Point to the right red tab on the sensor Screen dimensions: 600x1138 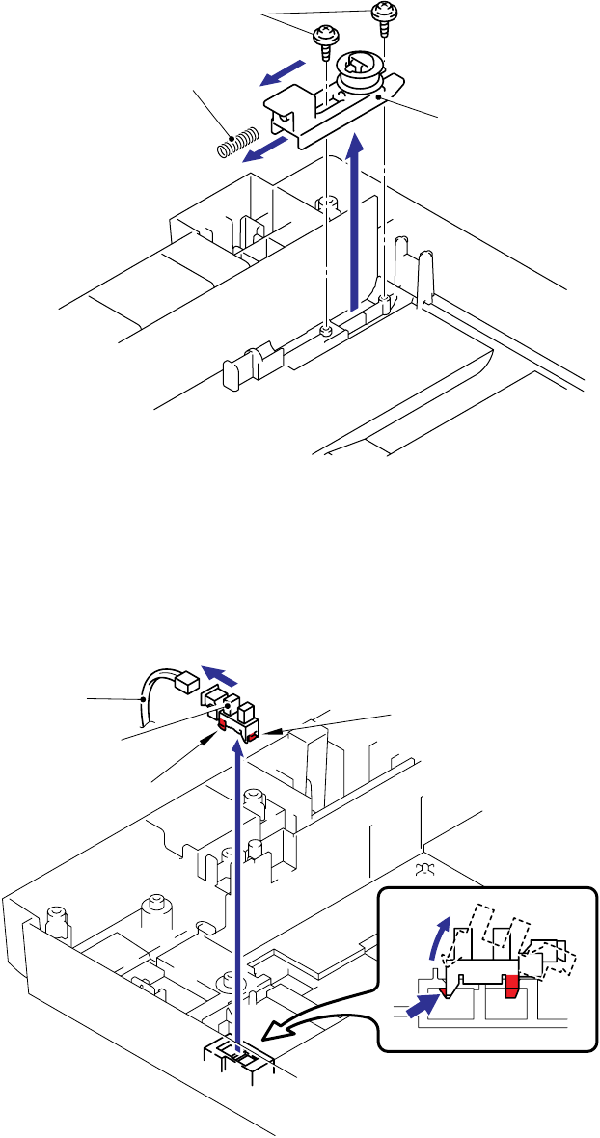252,737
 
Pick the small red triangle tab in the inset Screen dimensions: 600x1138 443,989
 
